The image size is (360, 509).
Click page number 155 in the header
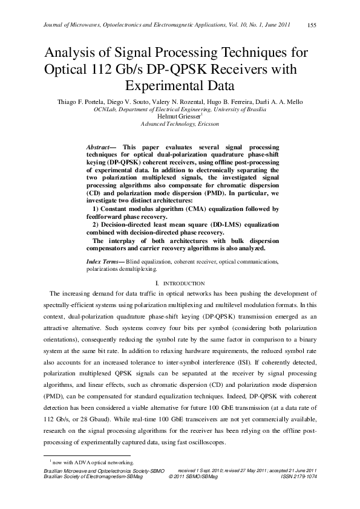[312, 25]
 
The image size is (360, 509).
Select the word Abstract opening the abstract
[98, 147]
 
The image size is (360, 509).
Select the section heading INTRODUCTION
[184, 283]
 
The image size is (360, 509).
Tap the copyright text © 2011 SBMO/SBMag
[192, 476]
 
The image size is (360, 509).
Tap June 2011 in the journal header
[277, 25]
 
